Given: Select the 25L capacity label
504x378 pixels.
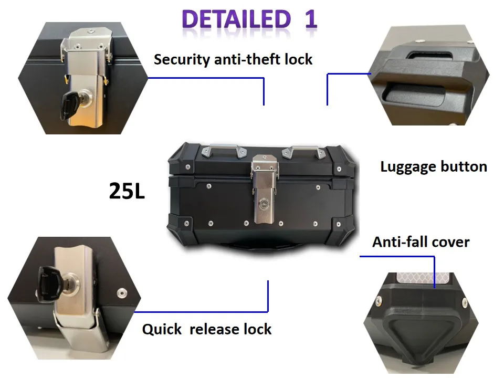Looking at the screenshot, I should coord(127,191).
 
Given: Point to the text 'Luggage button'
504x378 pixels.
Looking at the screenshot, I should coord(433,167).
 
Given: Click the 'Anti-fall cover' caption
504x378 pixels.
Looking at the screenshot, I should coord(421,242).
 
